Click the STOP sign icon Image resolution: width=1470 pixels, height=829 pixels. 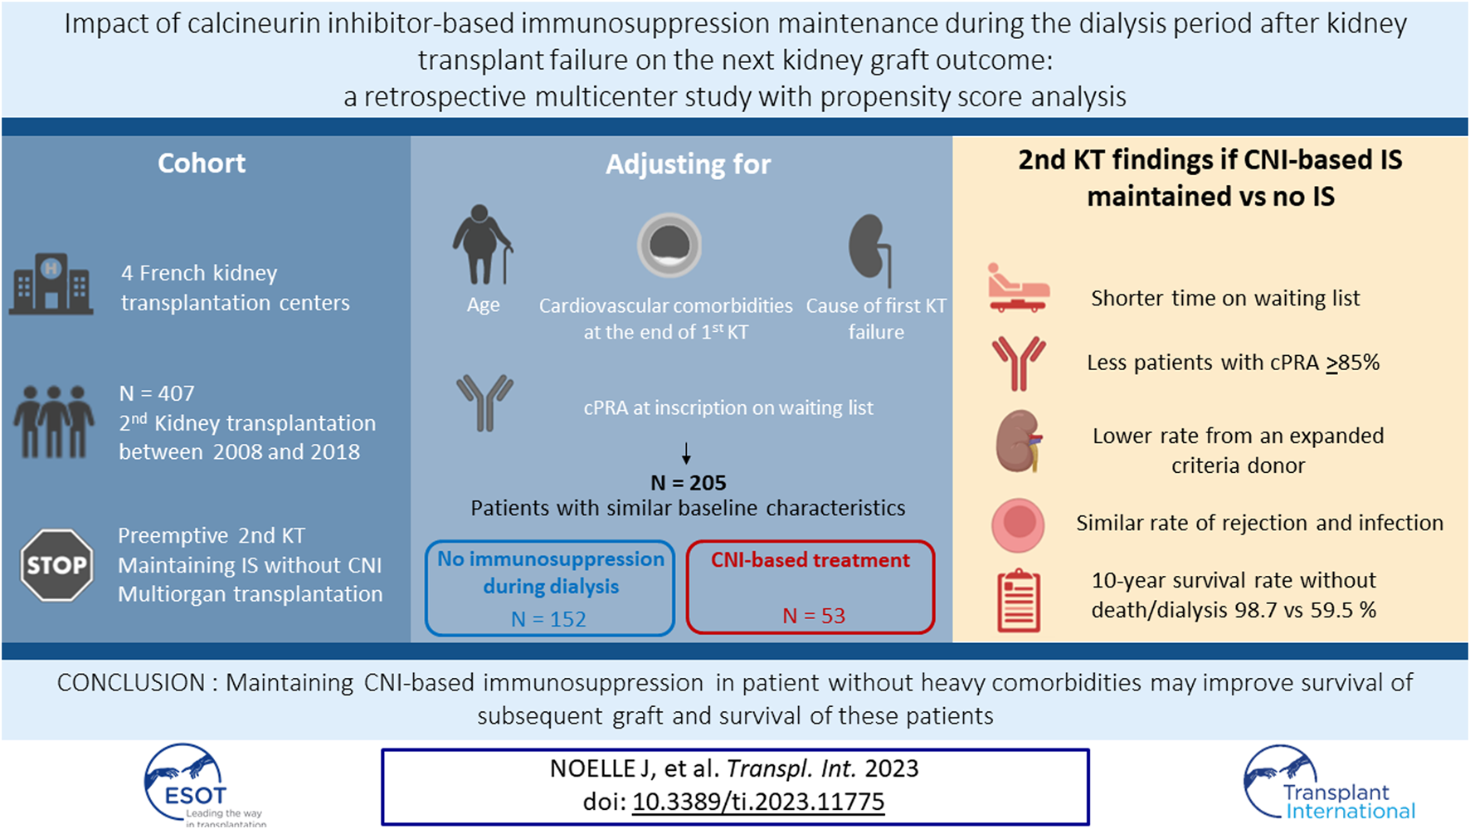(x=56, y=565)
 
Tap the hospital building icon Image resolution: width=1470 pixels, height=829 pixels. (x=51, y=284)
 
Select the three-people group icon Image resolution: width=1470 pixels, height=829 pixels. (x=54, y=422)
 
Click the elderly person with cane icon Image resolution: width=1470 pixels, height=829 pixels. (x=483, y=244)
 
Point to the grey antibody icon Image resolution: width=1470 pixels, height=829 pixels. (x=484, y=403)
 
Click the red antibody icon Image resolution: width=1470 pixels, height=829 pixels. (x=1019, y=363)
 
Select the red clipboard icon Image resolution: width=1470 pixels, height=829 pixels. (x=1019, y=601)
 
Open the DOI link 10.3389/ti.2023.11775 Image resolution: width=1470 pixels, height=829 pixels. (x=758, y=802)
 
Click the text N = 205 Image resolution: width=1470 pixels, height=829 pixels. (x=689, y=483)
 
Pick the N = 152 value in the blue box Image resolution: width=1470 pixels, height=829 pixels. (x=548, y=619)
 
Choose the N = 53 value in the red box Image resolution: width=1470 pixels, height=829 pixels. (x=814, y=616)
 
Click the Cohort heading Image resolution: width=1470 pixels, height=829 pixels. (x=202, y=163)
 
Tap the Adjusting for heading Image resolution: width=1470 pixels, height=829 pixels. (x=689, y=165)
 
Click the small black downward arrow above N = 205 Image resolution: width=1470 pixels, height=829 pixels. (x=686, y=453)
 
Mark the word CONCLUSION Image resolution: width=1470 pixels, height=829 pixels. (x=131, y=683)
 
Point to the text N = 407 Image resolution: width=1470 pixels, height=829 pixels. (x=157, y=393)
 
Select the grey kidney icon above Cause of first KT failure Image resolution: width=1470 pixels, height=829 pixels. (x=869, y=250)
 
